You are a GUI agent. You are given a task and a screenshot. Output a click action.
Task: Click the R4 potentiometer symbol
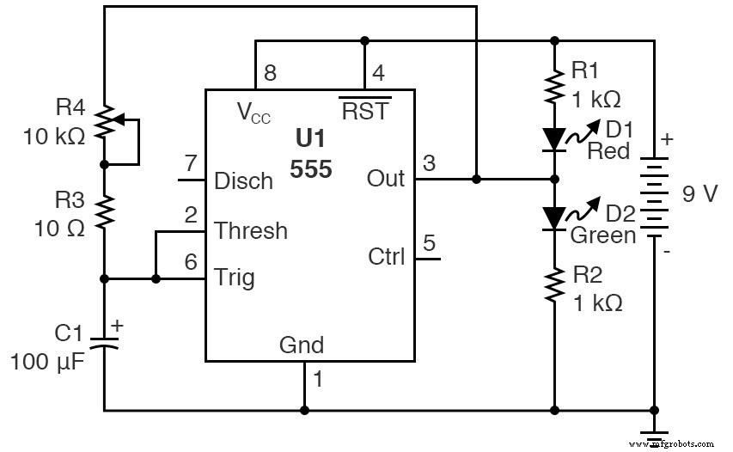click(104, 123)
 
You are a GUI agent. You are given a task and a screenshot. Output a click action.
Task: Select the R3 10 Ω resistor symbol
click(104, 211)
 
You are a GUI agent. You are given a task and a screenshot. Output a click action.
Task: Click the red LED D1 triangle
click(554, 138)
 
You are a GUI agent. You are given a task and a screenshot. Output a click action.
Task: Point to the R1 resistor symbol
click(554, 86)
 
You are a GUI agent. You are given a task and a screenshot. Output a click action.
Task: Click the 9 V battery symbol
click(655, 194)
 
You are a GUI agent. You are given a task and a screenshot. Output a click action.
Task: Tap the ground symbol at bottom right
click(655, 435)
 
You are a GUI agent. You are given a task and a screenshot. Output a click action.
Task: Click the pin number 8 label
click(270, 73)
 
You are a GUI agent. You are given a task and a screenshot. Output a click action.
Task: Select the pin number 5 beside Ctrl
click(430, 241)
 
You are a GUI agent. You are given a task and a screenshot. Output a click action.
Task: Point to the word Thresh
click(251, 230)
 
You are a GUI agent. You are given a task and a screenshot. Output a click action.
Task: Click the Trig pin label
click(235, 278)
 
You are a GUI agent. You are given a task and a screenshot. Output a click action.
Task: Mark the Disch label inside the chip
click(243, 181)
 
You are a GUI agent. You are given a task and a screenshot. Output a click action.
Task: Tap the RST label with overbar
click(364, 111)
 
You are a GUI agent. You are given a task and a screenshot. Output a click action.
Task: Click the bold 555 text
click(311, 169)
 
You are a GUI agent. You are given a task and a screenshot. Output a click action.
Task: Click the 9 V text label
click(699, 193)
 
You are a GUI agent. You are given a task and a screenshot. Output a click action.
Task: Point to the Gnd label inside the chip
click(302, 345)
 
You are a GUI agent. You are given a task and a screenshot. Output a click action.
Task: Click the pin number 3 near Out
click(430, 162)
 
